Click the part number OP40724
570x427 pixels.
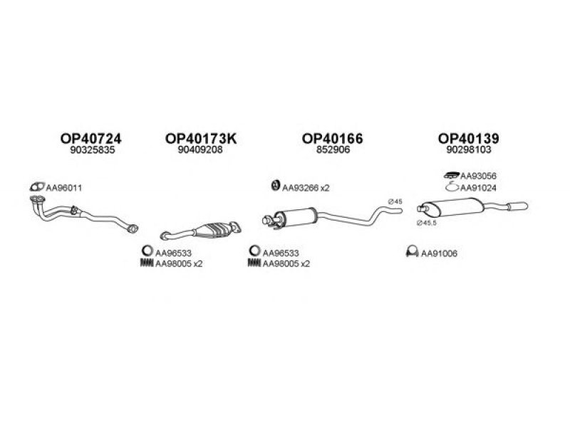[91, 138]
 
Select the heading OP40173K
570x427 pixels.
[201, 138]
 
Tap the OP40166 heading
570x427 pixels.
[332, 138]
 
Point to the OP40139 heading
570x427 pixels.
[468, 138]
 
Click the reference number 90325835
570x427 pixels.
[93, 150]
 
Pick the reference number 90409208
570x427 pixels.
[200, 150]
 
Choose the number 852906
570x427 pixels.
[333, 150]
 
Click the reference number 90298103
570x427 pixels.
[469, 150]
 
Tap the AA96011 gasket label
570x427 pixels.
[63, 188]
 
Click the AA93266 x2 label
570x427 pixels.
[306, 188]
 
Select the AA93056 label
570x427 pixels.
[478, 176]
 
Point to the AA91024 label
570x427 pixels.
[478, 188]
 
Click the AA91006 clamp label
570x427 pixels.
[439, 253]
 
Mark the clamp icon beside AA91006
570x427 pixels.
[412, 252]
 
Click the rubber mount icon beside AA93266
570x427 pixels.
[276, 185]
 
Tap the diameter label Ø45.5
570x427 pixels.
[426, 223]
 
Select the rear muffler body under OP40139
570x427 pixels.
[456, 207]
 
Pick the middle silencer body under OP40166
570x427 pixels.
[296, 218]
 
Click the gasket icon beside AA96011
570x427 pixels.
[37, 187]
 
